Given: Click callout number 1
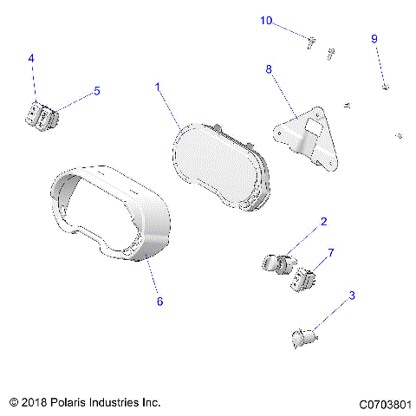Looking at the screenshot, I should (x=158, y=87).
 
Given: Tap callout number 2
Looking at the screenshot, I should (x=323, y=222).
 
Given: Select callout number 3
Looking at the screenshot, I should (x=352, y=296).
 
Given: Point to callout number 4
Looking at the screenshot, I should (x=31, y=58).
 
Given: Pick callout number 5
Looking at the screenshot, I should (x=96, y=90).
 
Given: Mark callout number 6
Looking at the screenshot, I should (x=159, y=302).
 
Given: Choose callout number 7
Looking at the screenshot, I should (x=330, y=252).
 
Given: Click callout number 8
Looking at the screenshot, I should (x=270, y=68).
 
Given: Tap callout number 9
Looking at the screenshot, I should (x=374, y=39).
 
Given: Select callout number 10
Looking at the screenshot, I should (x=266, y=20).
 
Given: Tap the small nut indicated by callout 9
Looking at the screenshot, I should (x=386, y=87).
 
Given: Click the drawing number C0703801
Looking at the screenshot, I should (x=386, y=404).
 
